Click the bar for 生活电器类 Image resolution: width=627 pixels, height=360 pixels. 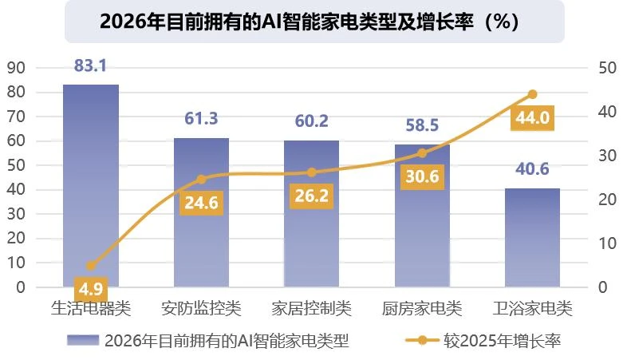pyautogui.click(x=91, y=184)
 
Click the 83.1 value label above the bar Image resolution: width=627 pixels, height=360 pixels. pyautogui.click(x=91, y=66)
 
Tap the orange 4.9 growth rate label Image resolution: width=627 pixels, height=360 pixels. pyautogui.click(x=90, y=287)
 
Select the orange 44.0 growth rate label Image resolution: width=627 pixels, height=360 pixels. pyautogui.click(x=532, y=118)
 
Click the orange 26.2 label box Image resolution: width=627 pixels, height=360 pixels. pyautogui.click(x=312, y=196)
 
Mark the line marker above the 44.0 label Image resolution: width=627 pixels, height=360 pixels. pyautogui.click(x=533, y=94)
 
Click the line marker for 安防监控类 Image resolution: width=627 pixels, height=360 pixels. pyautogui.click(x=201, y=180)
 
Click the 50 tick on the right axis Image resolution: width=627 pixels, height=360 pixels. pyautogui.click(x=606, y=68)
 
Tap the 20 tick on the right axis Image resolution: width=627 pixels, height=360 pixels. pyautogui.click(x=606, y=200)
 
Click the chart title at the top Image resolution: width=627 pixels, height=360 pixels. pyautogui.click(x=313, y=22)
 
